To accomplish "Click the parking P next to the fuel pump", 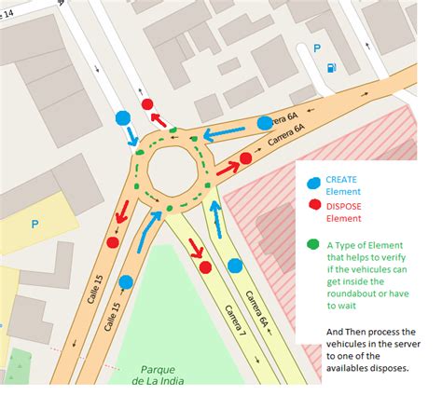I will (x=318, y=48).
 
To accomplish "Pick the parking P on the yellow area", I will (x=35, y=224).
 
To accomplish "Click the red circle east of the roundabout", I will (x=246, y=158).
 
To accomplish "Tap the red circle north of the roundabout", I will (x=147, y=105).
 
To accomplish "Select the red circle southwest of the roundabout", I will (x=112, y=242).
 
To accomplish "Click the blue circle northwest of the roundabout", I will (x=123, y=118).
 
